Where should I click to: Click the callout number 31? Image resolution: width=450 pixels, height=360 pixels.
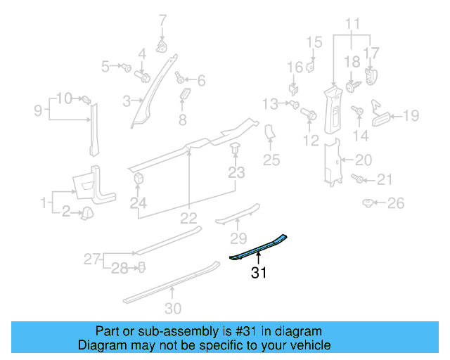click(x=259, y=274)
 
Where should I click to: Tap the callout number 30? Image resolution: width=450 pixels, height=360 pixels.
click(x=173, y=307)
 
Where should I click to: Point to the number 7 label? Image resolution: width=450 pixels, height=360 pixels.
click(x=162, y=19)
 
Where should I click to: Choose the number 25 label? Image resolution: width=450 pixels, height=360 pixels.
click(x=271, y=160)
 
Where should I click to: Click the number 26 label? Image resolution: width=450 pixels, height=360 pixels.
click(x=397, y=204)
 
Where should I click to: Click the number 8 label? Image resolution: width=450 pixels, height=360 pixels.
click(x=182, y=120)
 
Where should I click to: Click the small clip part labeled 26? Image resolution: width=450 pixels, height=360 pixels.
click(x=368, y=203)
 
